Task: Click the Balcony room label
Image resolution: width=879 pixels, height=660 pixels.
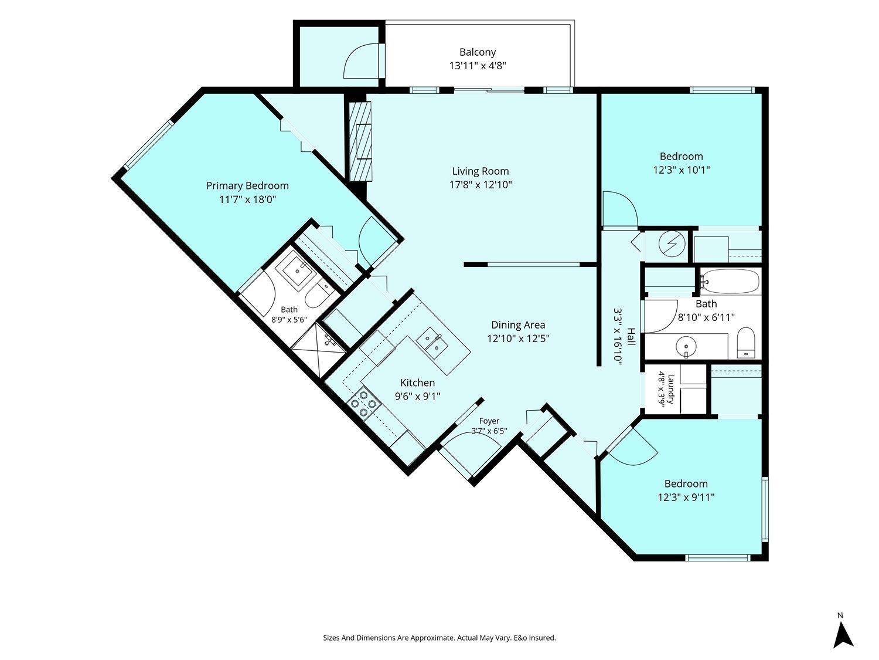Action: point(478,52)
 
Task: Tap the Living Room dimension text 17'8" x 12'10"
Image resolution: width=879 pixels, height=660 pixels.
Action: point(481,185)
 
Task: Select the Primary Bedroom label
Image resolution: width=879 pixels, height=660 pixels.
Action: point(247,186)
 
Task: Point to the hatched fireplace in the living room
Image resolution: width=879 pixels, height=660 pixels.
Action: point(360,141)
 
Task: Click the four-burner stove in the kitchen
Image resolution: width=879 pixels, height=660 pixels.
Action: point(364,404)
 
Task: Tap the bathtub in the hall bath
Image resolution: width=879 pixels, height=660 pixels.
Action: point(730,282)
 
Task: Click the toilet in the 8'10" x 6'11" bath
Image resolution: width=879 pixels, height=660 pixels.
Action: point(745,343)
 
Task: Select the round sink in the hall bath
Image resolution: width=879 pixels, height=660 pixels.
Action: point(686,346)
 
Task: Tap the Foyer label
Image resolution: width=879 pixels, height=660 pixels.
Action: point(489,421)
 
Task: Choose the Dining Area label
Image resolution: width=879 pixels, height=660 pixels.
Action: point(518,325)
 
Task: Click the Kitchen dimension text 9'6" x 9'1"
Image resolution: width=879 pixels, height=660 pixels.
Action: point(418,397)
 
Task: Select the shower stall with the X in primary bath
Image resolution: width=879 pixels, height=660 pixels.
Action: point(319,351)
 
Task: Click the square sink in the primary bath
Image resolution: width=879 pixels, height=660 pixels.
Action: point(297,271)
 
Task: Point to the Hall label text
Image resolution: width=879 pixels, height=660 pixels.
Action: point(632,337)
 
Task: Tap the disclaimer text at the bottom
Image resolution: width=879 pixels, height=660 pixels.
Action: point(439,638)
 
